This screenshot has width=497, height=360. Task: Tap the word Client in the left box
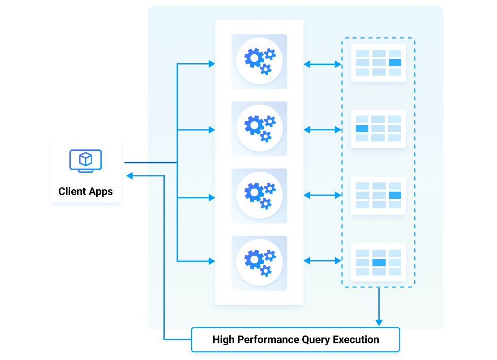(x=73, y=192)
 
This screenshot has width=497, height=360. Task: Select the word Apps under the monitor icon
(x=101, y=192)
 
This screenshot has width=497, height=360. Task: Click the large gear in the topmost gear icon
(x=254, y=58)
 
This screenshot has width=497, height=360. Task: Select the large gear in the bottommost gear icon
(x=254, y=259)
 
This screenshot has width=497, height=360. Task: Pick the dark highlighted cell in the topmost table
(x=394, y=63)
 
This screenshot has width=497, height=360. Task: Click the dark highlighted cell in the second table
(x=362, y=129)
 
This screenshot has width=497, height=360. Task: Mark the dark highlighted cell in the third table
(x=394, y=195)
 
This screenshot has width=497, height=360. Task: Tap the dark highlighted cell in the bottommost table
(x=379, y=262)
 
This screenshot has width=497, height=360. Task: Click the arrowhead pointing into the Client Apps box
(x=129, y=176)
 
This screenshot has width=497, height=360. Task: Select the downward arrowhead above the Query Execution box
(x=379, y=322)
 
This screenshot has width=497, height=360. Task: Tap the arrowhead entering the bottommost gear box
(x=212, y=261)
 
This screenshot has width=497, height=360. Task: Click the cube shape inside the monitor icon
(x=86, y=159)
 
